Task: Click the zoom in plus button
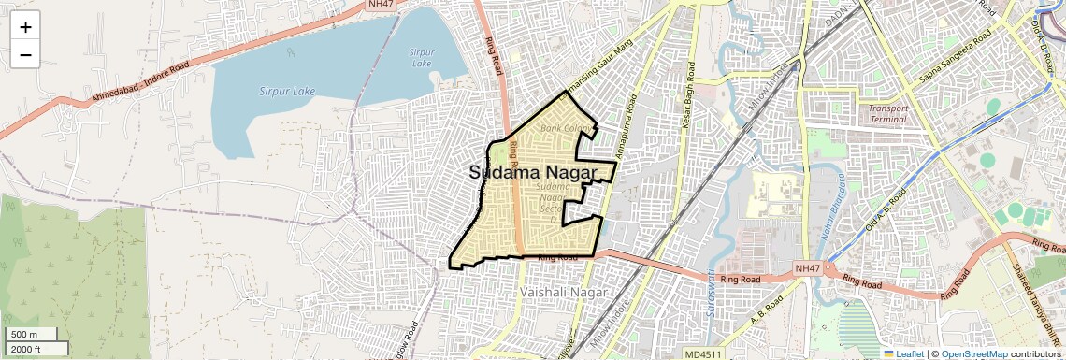coord(25,27)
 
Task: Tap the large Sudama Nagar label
coord(532,172)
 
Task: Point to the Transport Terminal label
coord(887,113)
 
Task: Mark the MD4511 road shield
coord(702,353)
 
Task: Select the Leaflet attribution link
coord(903,353)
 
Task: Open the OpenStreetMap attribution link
coord(973,353)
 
